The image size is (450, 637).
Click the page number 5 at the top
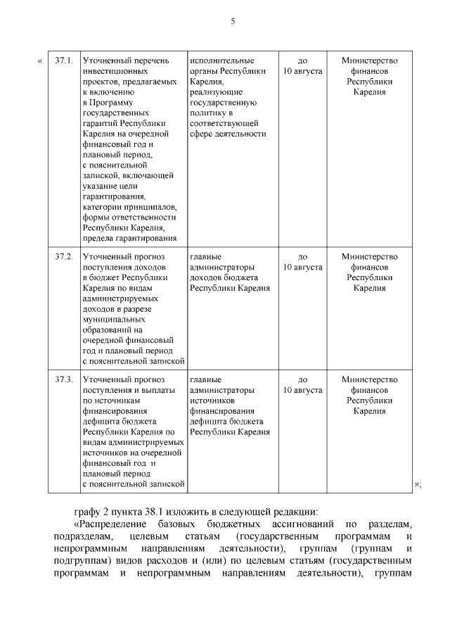232,22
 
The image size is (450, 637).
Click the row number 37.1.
64,61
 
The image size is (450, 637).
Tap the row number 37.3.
64,380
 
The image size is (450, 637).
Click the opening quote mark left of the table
39,61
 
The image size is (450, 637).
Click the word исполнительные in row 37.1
221,61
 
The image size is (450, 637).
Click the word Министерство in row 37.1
369,61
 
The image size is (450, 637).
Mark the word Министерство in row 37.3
369,380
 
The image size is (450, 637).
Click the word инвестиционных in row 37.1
115,71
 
